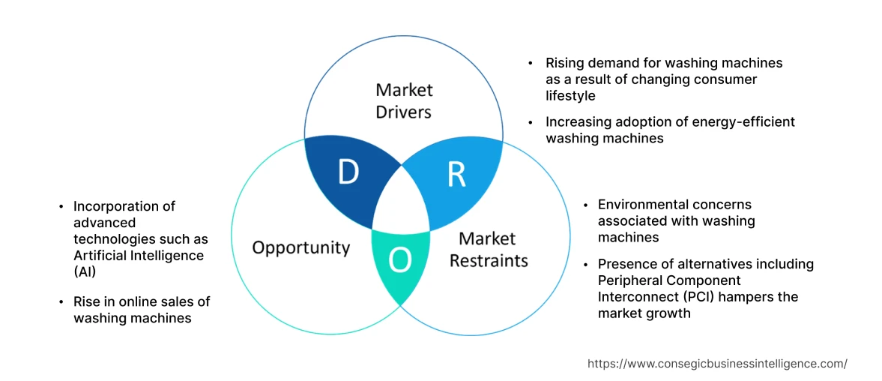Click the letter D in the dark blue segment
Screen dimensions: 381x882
[348, 172]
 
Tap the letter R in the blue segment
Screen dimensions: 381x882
[456, 174]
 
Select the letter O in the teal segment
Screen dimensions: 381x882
[400, 260]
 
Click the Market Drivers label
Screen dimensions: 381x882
[404, 100]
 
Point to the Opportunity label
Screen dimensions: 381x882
[300, 247]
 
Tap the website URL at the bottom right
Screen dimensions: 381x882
[717, 363]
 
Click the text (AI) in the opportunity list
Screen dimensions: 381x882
[85, 271]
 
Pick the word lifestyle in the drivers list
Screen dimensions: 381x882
[570, 95]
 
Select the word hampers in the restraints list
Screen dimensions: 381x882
[737, 297]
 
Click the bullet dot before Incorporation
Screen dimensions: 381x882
[61, 206]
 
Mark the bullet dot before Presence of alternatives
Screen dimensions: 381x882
[585, 265]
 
